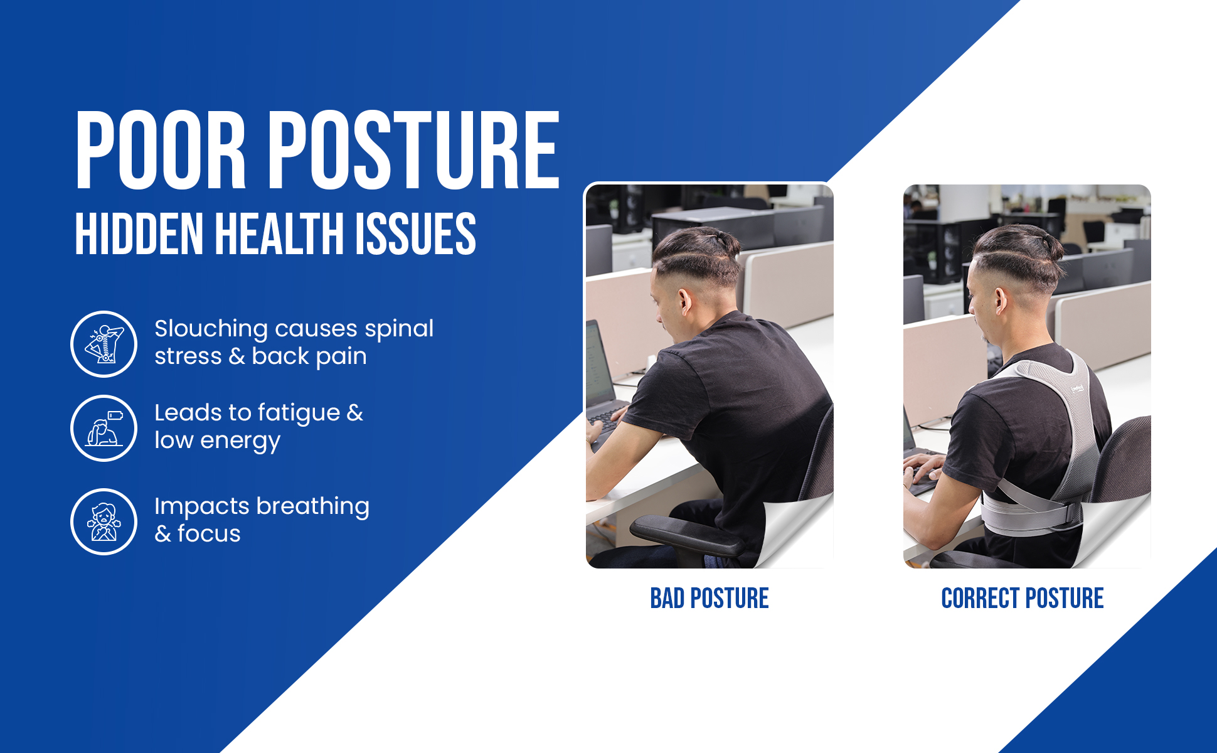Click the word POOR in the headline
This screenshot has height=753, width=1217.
point(161,151)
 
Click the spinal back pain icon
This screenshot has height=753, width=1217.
point(104,344)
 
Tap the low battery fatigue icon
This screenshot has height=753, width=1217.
point(104,428)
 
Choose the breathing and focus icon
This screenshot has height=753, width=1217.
point(104,521)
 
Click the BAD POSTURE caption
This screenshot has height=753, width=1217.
point(709,599)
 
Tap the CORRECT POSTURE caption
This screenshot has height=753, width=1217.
point(1022,599)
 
